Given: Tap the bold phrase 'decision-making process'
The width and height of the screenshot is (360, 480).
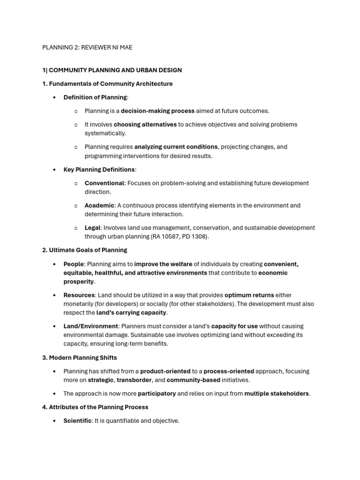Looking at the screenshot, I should coord(157,111).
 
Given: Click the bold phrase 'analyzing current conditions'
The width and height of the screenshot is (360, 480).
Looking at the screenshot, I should coord(176,147).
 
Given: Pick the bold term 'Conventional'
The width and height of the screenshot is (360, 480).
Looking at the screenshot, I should coord(105,183).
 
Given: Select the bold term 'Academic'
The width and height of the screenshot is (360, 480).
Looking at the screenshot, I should coord(99,205).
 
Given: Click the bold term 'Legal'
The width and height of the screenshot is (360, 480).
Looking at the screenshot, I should coord(93,228).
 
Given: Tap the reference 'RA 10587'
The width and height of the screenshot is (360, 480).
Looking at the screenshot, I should coord(166,237).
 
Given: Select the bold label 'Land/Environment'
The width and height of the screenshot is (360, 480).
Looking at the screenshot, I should coord(91,326).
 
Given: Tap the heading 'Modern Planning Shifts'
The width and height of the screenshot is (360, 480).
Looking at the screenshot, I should coord(83,358).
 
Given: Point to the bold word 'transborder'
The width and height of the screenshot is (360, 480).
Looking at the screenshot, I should coord(135,380).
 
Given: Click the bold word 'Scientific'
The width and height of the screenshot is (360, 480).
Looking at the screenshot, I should coord(77,421).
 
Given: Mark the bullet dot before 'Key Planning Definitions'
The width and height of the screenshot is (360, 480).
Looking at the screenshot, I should coord(55,170).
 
